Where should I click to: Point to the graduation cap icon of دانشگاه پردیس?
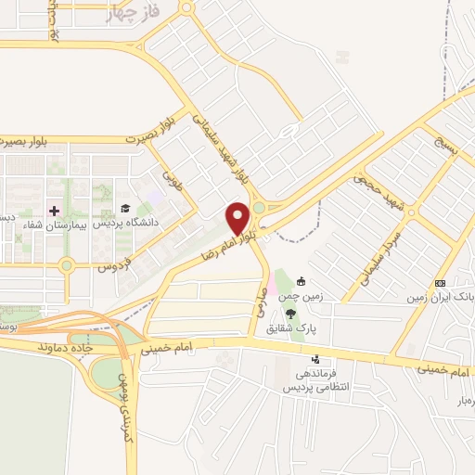point(124,208)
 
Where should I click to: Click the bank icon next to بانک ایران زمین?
point(440,283)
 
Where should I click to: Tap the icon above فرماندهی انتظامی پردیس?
point(317,359)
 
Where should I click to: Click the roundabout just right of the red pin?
point(261,208)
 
